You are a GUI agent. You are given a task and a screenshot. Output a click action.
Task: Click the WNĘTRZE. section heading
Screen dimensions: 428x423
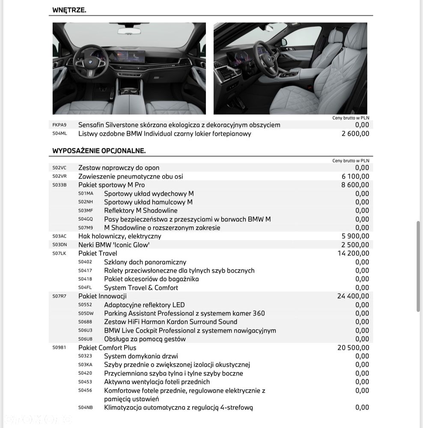69,10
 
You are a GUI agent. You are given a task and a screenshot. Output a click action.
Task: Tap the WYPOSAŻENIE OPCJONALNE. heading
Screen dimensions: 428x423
99,151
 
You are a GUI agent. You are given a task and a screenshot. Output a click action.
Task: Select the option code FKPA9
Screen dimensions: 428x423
60,125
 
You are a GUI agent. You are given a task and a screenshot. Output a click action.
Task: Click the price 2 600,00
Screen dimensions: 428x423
355,134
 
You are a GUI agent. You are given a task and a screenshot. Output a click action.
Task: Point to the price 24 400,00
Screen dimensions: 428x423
353,296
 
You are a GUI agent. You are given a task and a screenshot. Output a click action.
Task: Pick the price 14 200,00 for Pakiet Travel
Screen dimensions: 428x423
353,253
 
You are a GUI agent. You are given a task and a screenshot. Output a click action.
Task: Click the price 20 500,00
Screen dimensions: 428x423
353,347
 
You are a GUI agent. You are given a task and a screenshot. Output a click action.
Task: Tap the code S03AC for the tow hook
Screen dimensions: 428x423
60,236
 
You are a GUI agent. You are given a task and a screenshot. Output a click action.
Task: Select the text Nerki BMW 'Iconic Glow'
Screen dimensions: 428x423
114,245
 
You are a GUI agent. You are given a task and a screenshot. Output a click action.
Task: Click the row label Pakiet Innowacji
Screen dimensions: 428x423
102,296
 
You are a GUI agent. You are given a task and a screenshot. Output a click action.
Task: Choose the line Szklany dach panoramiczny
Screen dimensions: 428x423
145,262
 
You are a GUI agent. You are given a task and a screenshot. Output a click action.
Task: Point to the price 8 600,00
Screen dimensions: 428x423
355,185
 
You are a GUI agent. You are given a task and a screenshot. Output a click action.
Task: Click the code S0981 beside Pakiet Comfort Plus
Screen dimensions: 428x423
60,347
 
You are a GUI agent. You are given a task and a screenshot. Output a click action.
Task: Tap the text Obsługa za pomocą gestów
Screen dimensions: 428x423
145,339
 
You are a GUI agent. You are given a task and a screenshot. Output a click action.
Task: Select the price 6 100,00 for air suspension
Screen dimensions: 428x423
355,177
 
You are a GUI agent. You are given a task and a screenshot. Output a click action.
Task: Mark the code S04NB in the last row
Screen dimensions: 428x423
85,407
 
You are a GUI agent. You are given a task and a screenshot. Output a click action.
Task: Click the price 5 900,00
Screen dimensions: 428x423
355,236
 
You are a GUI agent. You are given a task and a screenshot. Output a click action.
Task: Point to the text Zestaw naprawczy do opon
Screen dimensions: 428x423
119,168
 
